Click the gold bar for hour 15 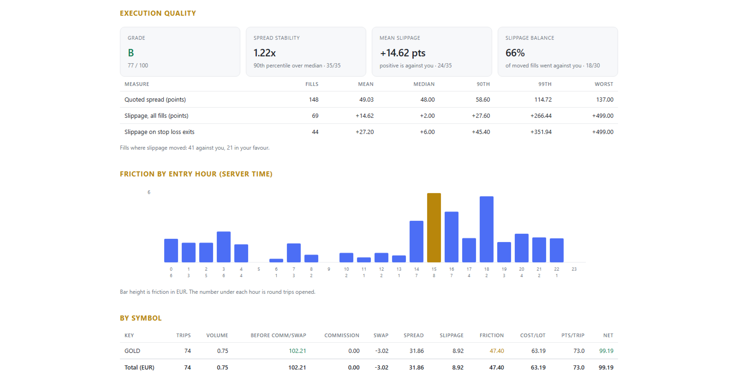tap(434, 228)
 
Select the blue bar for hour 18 tap(486, 229)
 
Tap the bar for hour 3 tap(224, 247)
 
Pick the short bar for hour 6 tap(276, 261)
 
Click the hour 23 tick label tap(574, 269)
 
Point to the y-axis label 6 tap(149, 192)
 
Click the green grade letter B tap(131, 53)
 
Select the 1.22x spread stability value tap(265, 53)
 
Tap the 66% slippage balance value tap(515, 53)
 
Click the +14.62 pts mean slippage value tap(403, 53)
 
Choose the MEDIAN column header tap(424, 84)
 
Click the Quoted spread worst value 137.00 tap(605, 100)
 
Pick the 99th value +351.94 tap(541, 132)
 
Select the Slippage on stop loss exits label tap(160, 132)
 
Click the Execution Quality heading tap(158, 13)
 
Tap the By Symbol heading tap(141, 318)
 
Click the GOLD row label tap(132, 351)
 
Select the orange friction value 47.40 tap(496, 351)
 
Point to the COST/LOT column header tap(533, 335)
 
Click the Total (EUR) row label tap(139, 368)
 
